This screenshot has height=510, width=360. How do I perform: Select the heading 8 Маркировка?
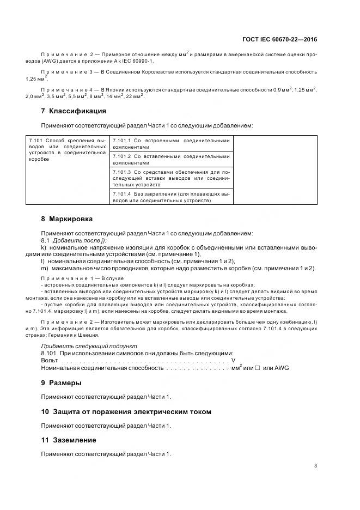click(67, 218)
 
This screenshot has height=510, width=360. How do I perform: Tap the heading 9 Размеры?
click(62, 382)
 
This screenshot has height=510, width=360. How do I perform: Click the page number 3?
click(316, 465)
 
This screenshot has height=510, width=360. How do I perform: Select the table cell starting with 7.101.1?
click(170, 144)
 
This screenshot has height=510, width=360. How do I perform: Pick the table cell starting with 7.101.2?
click(170, 159)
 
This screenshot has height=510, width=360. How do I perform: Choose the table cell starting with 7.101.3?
click(170, 178)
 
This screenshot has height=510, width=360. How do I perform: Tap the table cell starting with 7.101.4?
click(170, 197)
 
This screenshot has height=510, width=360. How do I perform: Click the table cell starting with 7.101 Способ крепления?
click(68, 150)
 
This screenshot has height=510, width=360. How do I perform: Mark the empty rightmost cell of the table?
click(274, 170)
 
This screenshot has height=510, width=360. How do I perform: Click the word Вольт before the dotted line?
click(50, 361)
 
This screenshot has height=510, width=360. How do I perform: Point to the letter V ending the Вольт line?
click(233, 361)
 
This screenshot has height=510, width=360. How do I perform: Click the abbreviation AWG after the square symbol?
click(282, 368)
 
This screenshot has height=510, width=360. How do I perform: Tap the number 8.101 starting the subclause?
click(50, 354)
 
